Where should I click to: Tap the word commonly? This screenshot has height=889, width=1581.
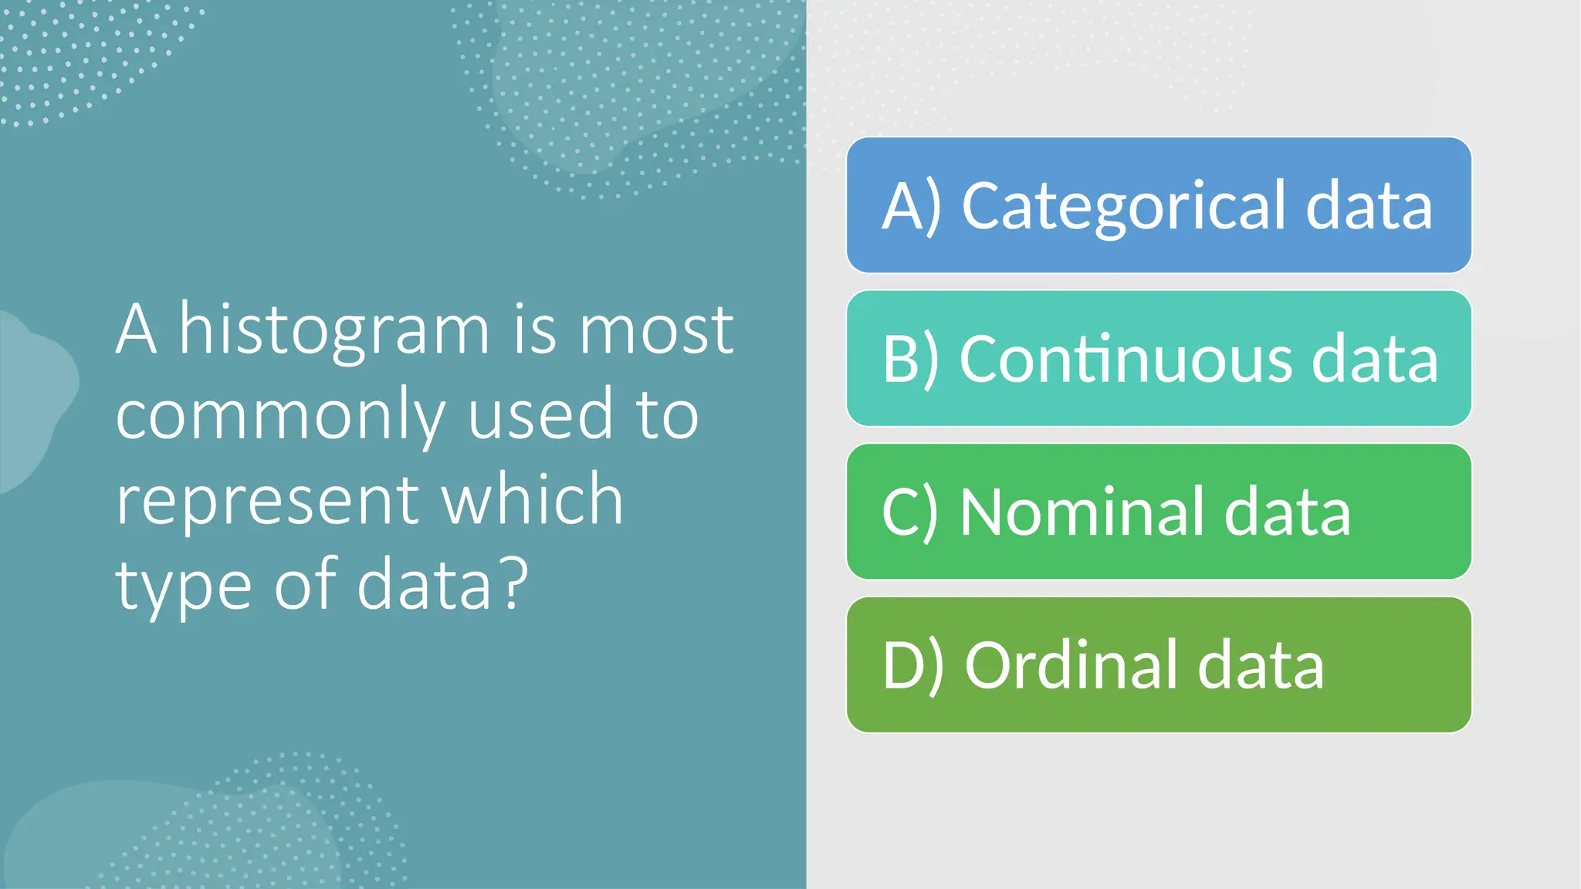click(x=280, y=417)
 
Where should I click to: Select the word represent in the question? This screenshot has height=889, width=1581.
click(x=266, y=502)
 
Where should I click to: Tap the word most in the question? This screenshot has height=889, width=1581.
click(x=656, y=330)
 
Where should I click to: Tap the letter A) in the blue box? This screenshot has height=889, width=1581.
click(x=912, y=206)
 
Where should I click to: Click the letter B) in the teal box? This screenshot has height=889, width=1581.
click(x=910, y=359)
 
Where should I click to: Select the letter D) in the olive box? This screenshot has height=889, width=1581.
click(x=912, y=665)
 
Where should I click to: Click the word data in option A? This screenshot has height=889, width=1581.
click(x=1369, y=206)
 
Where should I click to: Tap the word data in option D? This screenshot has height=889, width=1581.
click(x=1260, y=665)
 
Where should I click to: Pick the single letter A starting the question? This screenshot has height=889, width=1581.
click(x=137, y=330)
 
